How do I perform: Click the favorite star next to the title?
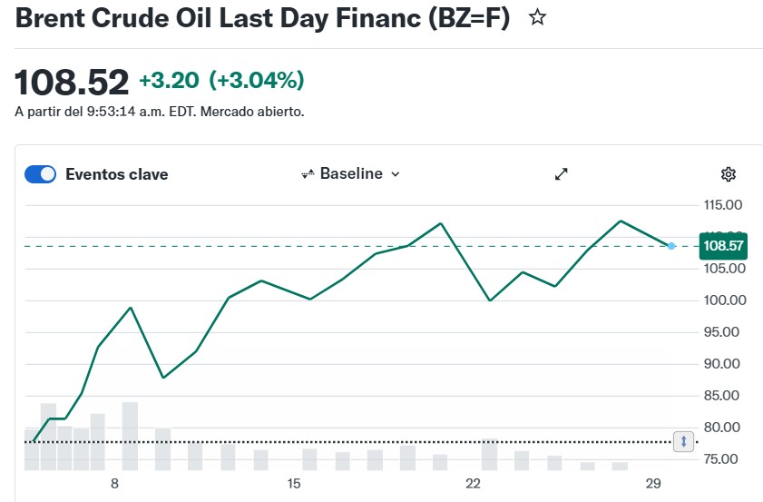(538, 17)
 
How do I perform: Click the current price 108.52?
(72, 83)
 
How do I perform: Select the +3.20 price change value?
(169, 81)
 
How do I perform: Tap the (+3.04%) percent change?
(257, 81)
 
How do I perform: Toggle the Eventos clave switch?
(40, 174)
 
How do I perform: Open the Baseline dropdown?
(350, 173)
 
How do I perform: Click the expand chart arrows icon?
(562, 174)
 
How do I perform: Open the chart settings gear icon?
(728, 174)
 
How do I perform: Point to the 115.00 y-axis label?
(723, 205)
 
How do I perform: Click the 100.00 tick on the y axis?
(723, 300)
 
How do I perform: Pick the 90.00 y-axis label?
(723, 364)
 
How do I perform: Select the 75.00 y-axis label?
(723, 459)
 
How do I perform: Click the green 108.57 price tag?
(723, 246)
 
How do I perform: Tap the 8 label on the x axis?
(114, 484)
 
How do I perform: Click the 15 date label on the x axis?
(293, 484)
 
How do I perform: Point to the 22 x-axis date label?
(472, 484)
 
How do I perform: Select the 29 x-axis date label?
(651, 484)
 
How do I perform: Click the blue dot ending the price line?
(671, 246)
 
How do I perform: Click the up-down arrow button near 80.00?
(684, 441)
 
